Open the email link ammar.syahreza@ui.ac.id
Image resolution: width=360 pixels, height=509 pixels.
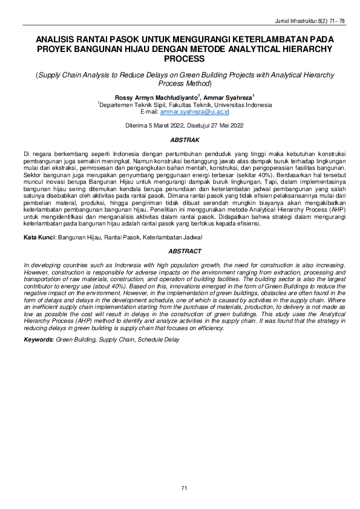195,112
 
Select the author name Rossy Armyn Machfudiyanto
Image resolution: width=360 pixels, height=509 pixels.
149,97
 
